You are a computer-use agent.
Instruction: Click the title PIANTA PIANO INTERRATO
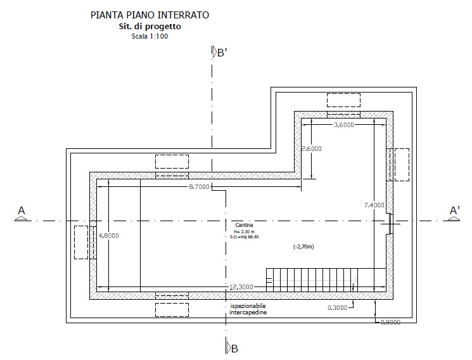150,15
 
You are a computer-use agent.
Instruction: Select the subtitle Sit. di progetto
150,27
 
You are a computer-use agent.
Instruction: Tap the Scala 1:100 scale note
150,37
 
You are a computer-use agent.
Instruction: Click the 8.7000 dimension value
199,187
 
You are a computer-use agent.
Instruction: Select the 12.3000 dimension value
241,287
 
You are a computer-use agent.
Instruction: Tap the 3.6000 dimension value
344,125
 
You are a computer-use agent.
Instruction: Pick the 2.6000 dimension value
312,148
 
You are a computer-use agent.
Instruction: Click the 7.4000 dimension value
374,205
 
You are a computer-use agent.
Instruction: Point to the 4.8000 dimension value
109,236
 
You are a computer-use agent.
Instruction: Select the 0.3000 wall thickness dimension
338,307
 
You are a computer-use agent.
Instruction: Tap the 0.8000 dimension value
391,323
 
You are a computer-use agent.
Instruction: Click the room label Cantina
244,225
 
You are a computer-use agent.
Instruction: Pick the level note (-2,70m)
303,247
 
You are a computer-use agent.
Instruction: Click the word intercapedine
248,312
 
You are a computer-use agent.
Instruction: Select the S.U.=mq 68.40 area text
242,237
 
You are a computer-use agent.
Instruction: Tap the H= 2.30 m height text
244,232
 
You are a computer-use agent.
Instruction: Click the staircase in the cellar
312,280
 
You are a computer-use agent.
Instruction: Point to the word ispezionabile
248,306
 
